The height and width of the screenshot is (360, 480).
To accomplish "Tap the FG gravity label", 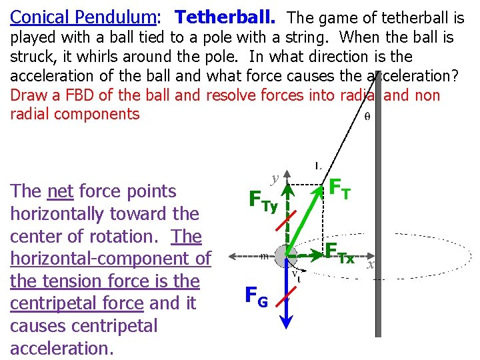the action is (x=257, y=296).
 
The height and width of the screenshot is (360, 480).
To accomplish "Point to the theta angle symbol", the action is (x=368, y=115).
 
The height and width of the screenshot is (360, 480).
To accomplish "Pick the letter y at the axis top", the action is (x=274, y=178).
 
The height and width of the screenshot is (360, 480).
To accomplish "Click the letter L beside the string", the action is (x=318, y=165).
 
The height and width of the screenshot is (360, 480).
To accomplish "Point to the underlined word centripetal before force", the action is (x=44, y=303).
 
